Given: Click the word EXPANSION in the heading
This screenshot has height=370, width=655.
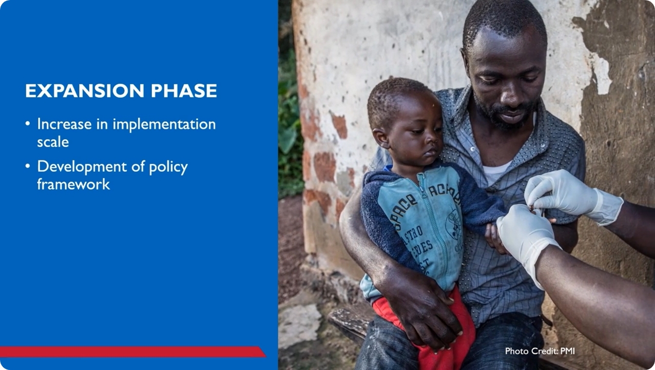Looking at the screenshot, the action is click(x=85, y=91).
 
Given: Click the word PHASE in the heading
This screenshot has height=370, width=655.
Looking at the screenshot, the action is click(x=184, y=91).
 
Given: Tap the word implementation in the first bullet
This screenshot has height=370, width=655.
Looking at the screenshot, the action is click(x=164, y=125).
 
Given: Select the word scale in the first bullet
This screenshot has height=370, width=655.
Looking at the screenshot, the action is click(x=53, y=142).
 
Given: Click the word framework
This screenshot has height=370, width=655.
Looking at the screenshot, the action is click(x=73, y=184).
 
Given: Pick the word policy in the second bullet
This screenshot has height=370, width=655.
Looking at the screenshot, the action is click(x=168, y=168).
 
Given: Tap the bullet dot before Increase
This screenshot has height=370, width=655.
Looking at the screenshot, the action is click(x=28, y=124).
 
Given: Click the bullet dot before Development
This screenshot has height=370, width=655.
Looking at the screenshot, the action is click(x=28, y=166).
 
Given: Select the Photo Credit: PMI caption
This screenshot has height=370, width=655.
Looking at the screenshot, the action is click(x=540, y=351).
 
